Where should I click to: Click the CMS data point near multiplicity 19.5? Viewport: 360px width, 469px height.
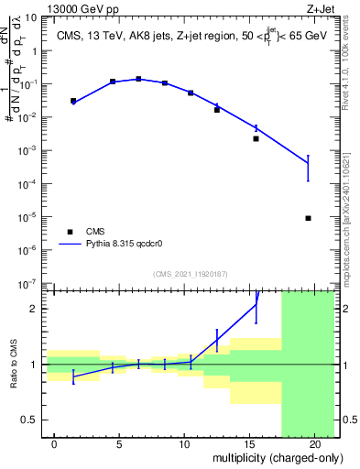pos(309,218)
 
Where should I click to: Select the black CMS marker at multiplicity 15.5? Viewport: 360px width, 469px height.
pos(256,139)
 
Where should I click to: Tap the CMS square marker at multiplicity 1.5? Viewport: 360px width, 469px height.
pos(73,101)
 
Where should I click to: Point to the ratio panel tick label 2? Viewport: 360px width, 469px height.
pos(34,309)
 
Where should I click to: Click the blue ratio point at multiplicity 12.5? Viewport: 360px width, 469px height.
pos(217,340)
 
